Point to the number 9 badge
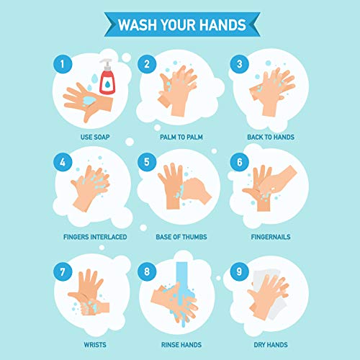pos(235,273)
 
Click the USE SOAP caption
pos(95,135)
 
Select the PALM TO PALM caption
pos(180,135)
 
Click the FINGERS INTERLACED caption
pos(95,235)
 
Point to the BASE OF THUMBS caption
pos(180,235)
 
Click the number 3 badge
pos(235,65)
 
